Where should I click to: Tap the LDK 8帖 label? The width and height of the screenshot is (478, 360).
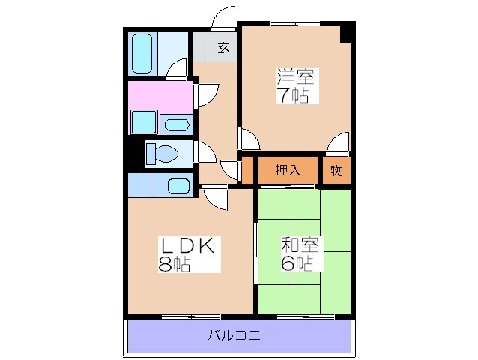point(187,253)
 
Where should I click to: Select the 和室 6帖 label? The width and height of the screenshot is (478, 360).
point(301,253)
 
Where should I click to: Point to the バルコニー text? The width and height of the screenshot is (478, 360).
point(240,334)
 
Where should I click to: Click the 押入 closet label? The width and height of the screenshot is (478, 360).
point(287,170)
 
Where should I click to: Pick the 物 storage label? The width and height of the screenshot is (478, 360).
point(336,170)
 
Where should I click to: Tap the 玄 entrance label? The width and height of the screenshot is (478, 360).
point(223,49)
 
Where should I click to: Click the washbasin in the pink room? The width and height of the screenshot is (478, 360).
point(177,124)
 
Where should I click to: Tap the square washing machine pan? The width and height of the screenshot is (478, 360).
point(143,121)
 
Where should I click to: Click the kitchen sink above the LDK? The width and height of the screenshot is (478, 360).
point(178,185)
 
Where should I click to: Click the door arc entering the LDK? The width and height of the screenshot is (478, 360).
point(216,198)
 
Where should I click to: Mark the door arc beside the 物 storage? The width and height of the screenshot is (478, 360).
point(339,142)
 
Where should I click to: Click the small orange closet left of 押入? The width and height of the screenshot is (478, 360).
point(247,170)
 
